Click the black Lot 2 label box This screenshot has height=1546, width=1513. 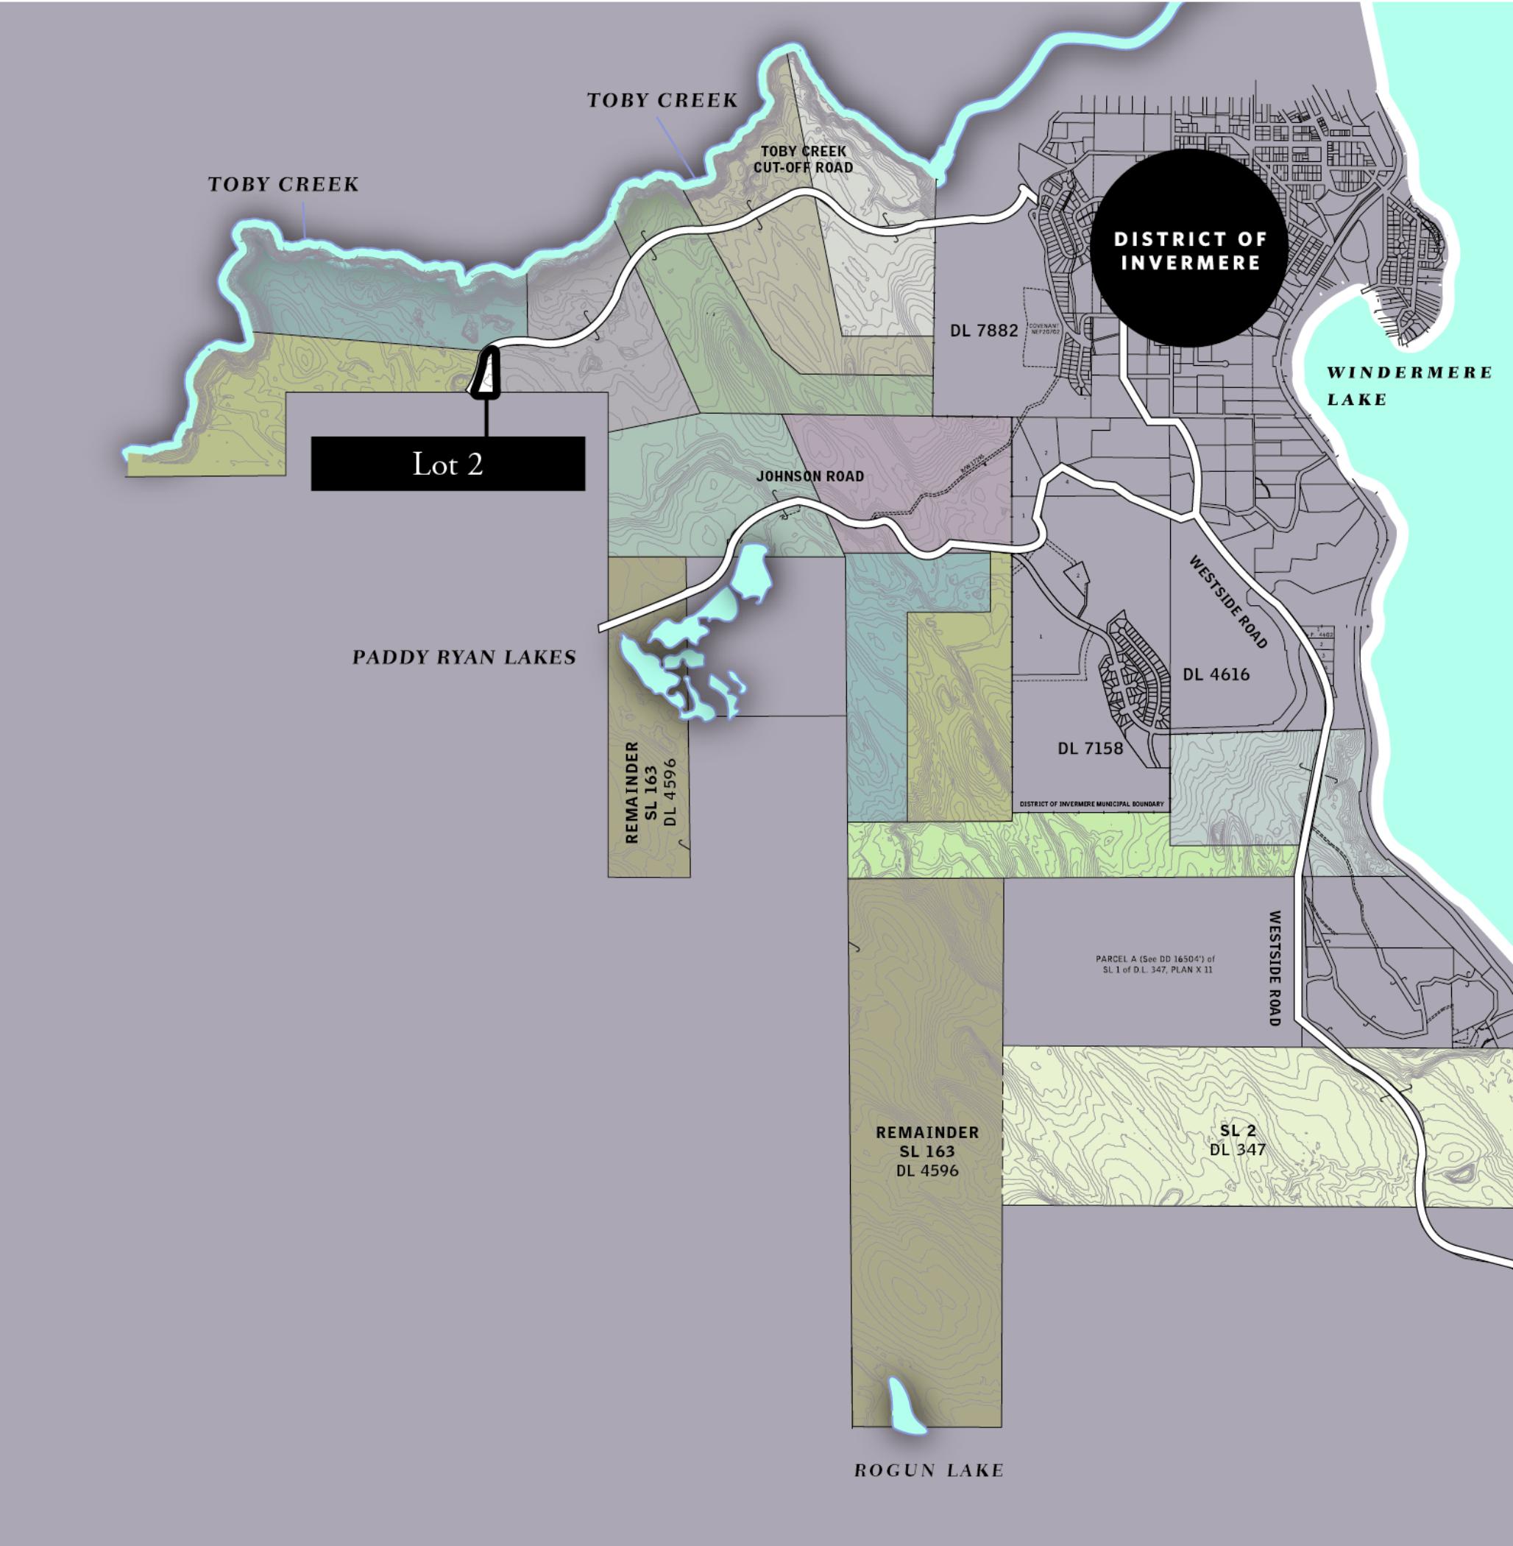447,463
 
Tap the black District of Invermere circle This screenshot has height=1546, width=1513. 1188,249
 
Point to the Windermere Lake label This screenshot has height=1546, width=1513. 1408,386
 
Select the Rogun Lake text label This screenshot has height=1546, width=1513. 928,1470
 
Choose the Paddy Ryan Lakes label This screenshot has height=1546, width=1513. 464,657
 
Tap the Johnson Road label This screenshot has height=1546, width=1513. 809,476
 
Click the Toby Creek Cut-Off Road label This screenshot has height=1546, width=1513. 803,159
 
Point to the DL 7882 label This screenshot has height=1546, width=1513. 984,331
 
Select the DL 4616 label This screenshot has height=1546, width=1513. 1216,675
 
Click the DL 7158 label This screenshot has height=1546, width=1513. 1089,749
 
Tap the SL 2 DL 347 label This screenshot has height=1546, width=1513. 1237,1140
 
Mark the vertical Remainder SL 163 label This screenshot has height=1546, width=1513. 651,791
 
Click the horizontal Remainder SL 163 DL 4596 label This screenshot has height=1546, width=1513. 926,1151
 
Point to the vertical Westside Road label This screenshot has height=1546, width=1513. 1275,968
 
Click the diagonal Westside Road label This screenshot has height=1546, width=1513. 1227,601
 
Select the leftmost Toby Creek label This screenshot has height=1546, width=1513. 283,184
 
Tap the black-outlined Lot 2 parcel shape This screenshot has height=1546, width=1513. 486,373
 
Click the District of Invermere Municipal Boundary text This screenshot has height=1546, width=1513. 1091,805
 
